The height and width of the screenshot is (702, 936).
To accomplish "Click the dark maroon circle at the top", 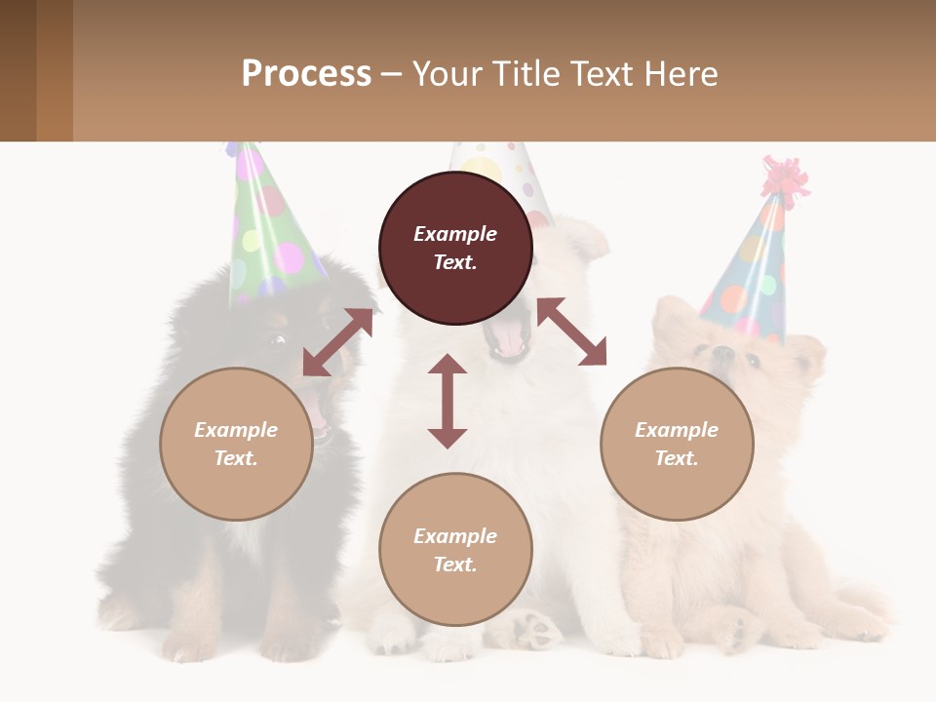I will (x=455, y=248).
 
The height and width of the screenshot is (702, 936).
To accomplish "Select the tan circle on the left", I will (x=236, y=444).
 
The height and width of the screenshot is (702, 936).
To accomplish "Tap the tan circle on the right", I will (x=677, y=444).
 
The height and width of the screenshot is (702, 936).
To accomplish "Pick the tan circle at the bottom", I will (x=455, y=550).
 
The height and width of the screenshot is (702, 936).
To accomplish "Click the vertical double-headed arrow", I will (x=448, y=401).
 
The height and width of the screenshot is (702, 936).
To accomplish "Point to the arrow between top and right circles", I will (x=571, y=331).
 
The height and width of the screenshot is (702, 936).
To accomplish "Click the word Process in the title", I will (x=306, y=73).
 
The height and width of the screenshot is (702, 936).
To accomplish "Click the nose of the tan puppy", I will (x=722, y=353).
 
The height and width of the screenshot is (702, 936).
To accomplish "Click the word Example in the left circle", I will (x=236, y=430).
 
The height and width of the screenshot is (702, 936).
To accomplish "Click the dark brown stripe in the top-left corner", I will (x=18, y=70).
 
